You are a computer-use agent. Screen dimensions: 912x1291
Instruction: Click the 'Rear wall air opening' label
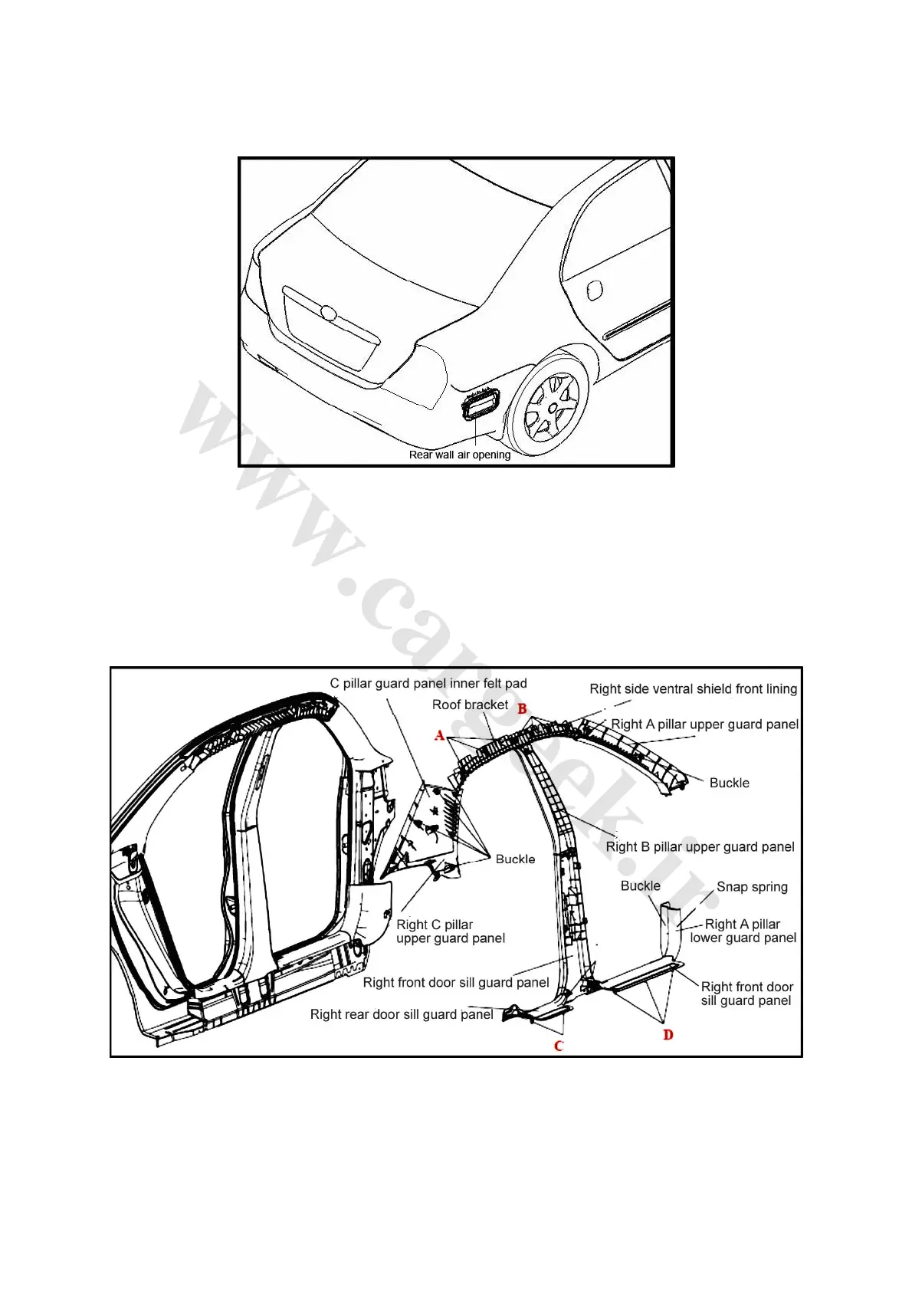coord(459,455)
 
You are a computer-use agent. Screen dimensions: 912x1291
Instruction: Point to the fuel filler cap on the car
coord(593,290)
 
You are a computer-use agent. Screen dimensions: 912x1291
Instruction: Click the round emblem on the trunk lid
coord(328,313)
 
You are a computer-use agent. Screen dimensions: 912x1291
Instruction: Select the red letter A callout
coord(440,736)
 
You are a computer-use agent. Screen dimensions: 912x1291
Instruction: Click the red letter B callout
coord(522,709)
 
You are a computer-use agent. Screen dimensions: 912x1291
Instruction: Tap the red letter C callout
coord(559,1046)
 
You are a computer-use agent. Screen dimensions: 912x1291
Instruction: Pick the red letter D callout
coord(668,1035)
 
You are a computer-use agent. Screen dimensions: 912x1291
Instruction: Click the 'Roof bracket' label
coord(470,705)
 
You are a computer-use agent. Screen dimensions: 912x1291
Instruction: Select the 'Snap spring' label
coord(752,887)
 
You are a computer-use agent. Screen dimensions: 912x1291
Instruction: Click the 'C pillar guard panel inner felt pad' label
coord(428,683)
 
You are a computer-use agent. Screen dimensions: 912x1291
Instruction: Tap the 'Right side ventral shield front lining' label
coord(693,688)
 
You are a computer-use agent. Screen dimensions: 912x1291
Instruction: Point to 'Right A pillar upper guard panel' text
coord(704,724)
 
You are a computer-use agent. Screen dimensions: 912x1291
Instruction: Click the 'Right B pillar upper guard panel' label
coord(700,846)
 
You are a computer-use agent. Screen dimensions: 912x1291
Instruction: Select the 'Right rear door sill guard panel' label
coord(402,1014)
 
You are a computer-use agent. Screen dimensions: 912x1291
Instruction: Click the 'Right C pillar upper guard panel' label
coord(450,931)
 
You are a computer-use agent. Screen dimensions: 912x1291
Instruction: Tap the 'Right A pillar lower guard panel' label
coord(743,931)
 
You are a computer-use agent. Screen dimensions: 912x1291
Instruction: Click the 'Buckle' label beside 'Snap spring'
coord(640,886)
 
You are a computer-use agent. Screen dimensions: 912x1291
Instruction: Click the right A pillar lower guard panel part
coord(671,931)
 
